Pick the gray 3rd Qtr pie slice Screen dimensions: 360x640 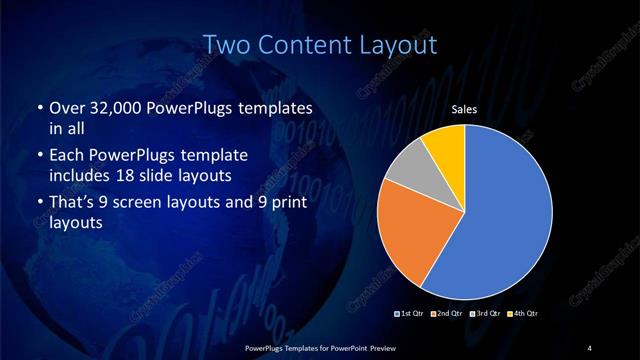click(408, 169)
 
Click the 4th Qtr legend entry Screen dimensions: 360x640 click(525, 313)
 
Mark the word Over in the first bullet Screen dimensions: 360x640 click(65, 107)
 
